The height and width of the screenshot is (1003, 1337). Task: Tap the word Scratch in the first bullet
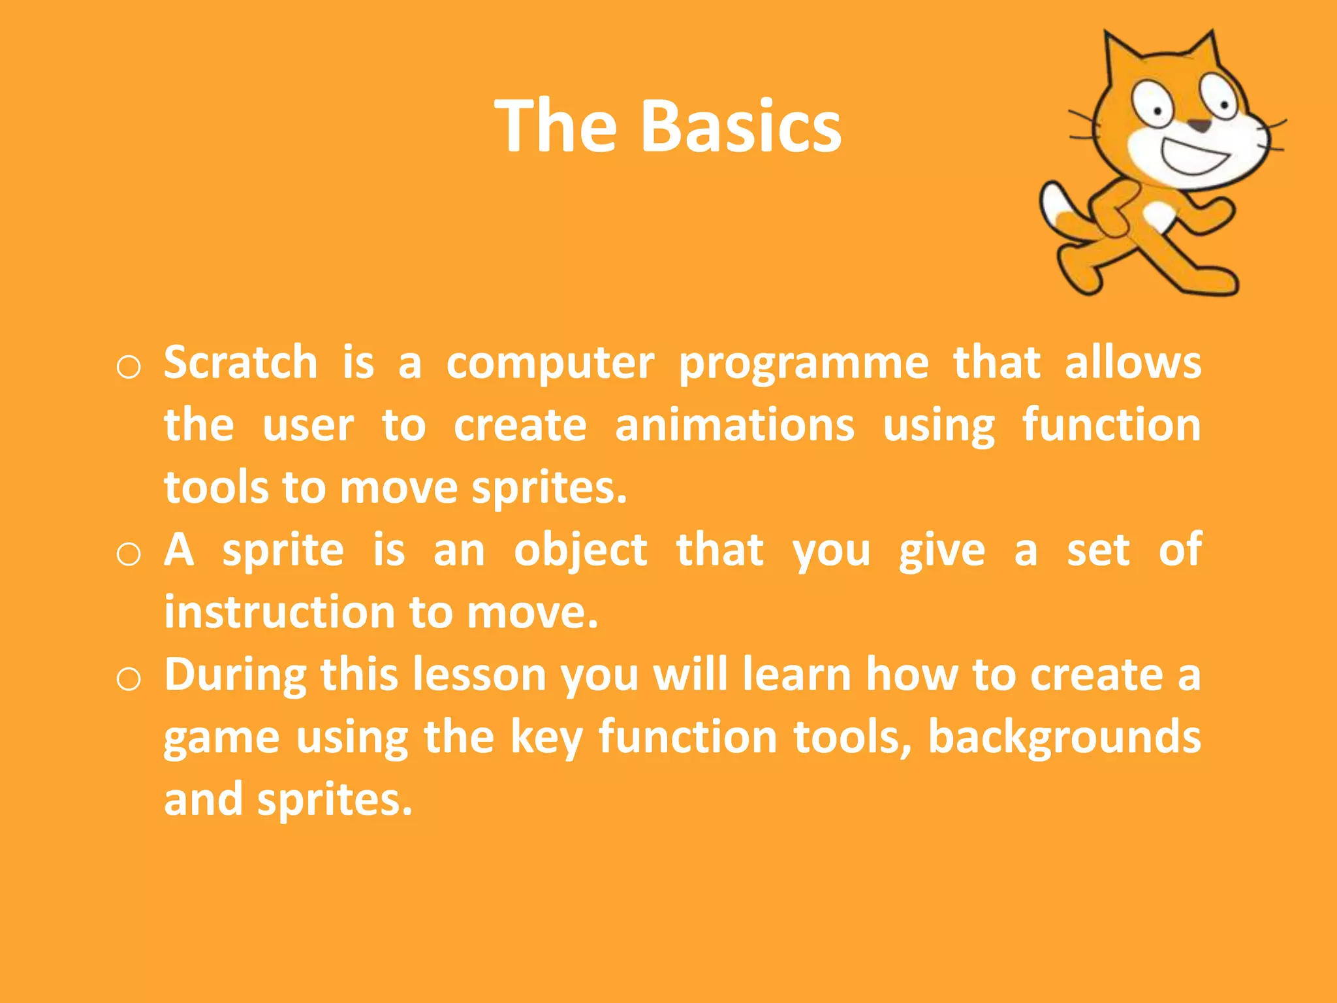240,362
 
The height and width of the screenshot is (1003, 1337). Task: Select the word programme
804,364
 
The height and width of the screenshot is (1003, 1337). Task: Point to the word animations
734,425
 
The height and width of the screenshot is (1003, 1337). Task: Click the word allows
1133,362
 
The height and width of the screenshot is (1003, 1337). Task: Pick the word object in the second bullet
580,550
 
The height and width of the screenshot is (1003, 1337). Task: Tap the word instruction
279,613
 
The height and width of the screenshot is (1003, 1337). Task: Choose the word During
235,675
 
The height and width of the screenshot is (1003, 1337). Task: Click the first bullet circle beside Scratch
129,368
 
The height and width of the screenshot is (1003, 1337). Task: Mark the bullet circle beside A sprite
129,555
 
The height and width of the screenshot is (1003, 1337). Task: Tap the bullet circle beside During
129,680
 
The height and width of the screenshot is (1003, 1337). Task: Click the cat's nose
1199,125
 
